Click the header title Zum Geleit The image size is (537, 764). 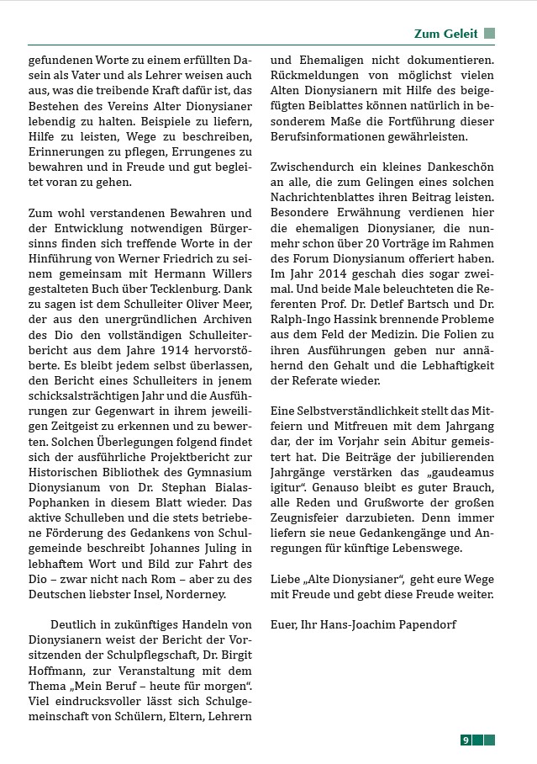tap(445, 34)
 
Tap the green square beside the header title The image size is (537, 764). tap(489, 34)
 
